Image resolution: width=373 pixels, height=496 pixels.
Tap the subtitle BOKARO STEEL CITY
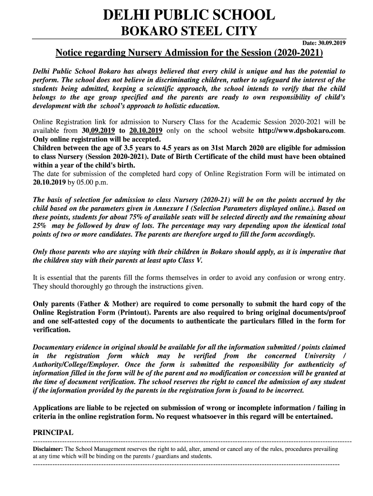point(188,32)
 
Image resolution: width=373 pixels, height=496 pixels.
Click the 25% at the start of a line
point(39,226)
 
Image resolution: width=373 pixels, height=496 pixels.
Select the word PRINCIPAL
point(53,433)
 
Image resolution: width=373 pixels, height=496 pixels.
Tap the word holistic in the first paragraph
point(169,105)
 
